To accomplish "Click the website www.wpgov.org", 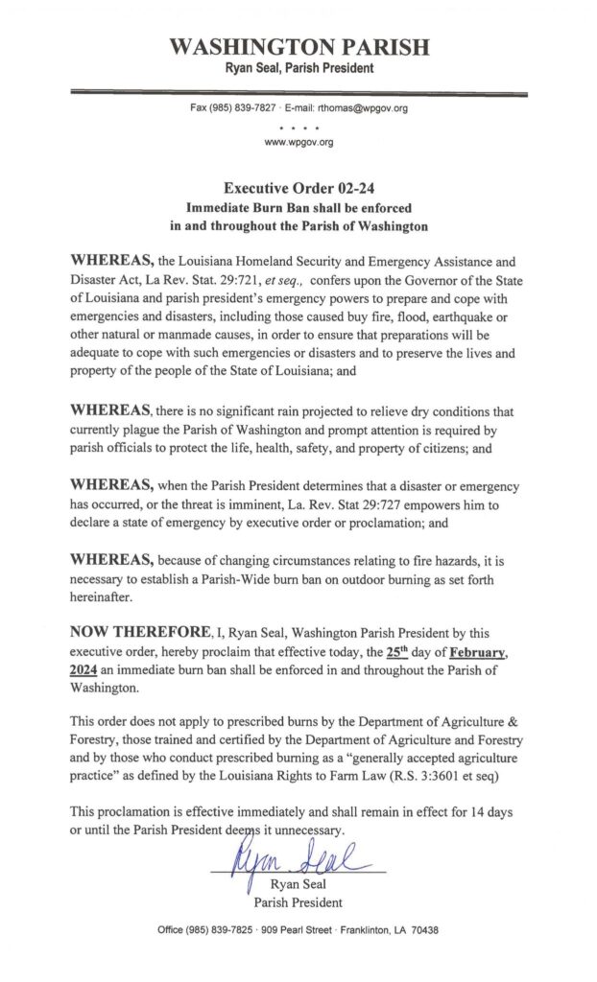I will [x=298, y=143].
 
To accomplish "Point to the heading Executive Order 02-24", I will [x=298, y=189].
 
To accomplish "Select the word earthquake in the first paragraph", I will [x=465, y=318].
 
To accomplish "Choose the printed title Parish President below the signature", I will [x=298, y=902].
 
